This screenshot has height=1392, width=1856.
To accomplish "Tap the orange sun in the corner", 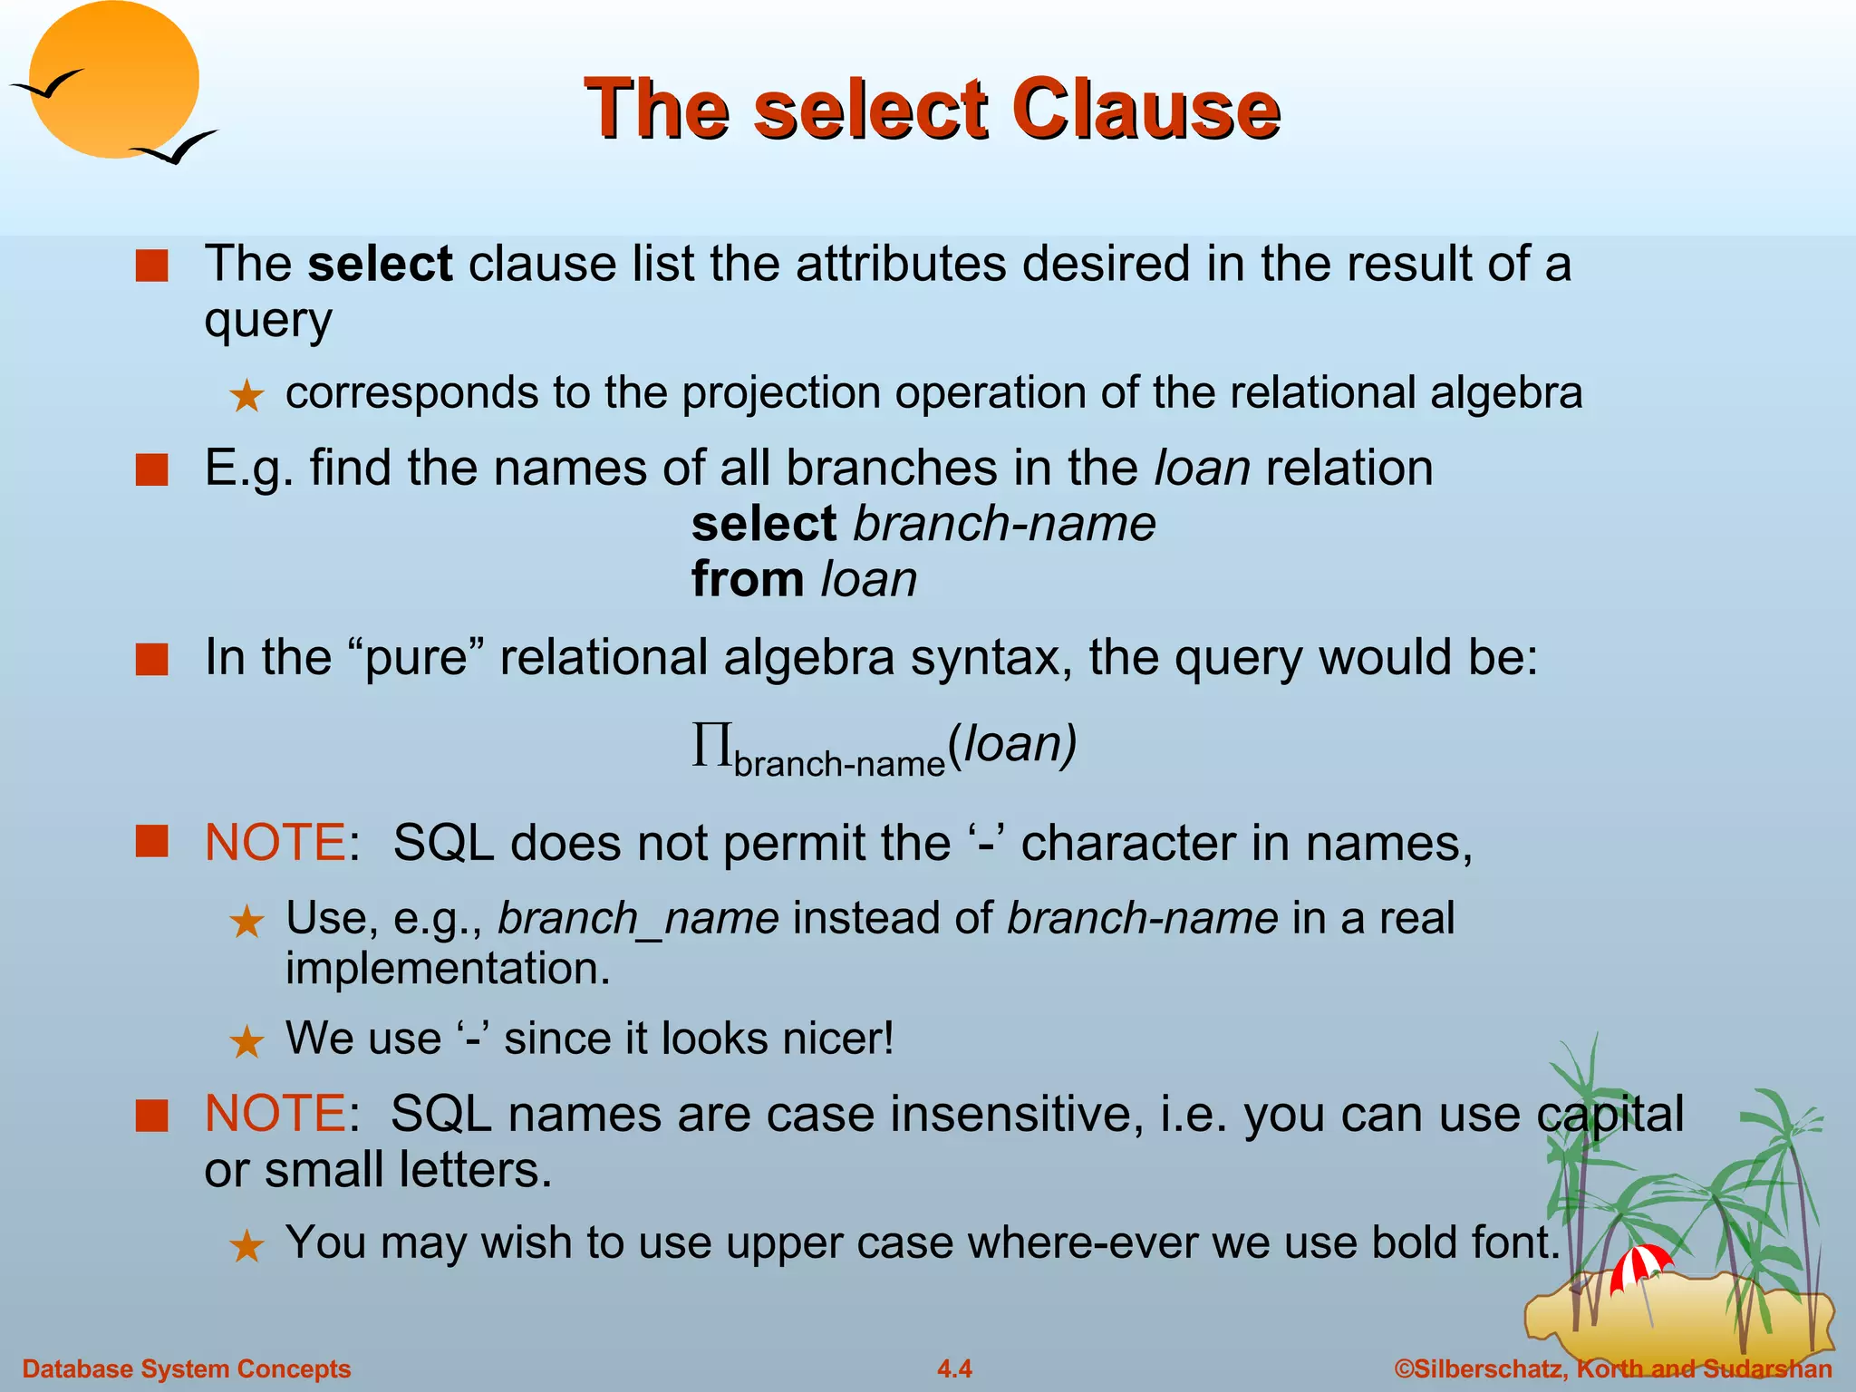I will [113, 80].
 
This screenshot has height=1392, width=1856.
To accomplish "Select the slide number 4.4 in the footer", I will [954, 1368].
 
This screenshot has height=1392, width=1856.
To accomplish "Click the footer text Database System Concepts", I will [187, 1368].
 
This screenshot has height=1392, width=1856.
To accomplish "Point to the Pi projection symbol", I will [711, 745].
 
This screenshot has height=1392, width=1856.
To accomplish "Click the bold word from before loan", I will [748, 579].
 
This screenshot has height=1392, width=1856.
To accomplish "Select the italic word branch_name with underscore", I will [638, 918].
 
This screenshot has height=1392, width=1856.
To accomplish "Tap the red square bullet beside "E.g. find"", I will [152, 470].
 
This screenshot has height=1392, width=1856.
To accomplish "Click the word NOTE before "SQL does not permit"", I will [275, 843].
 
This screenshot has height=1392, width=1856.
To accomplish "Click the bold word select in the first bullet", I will [380, 265].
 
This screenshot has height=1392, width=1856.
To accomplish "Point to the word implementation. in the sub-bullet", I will [448, 969].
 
